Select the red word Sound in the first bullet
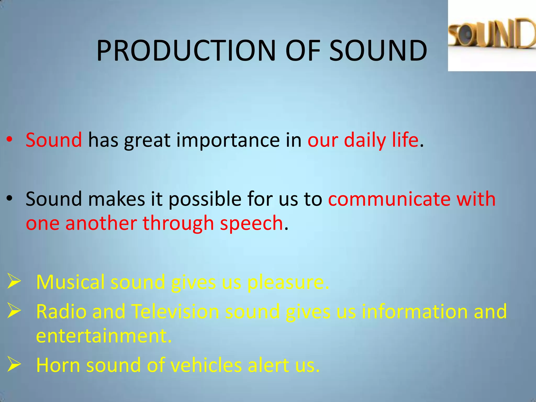(54, 140)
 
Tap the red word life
(405, 140)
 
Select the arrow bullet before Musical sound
(14, 281)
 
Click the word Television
(175, 311)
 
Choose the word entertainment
(104, 336)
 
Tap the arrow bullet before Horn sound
(14, 364)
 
